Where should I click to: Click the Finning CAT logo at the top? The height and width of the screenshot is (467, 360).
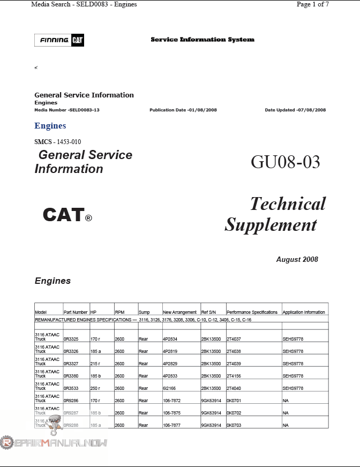(59, 40)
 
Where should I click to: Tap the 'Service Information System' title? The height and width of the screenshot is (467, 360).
(202, 40)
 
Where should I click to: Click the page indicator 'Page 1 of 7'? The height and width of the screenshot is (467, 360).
(312, 4)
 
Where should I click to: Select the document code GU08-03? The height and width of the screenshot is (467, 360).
(285, 162)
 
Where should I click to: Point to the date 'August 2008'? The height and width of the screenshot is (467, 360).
(297, 259)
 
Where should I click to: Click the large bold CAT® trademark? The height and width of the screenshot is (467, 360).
(67, 215)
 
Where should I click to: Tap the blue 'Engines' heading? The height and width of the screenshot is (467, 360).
(50, 126)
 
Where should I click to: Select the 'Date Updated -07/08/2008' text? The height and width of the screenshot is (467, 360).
(295, 110)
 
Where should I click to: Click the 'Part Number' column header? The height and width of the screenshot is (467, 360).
(76, 312)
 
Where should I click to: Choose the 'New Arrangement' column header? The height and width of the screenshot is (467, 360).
(179, 312)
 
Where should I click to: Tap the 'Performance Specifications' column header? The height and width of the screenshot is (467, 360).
(252, 312)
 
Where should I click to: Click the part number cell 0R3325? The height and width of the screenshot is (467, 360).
(71, 339)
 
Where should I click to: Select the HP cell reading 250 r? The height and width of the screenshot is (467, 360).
(95, 388)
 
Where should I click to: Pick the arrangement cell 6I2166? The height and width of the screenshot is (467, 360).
(170, 388)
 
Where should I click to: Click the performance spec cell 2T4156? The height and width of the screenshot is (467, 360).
(234, 376)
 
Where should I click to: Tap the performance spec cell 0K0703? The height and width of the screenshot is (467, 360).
(234, 425)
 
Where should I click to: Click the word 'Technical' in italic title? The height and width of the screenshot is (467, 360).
(288, 204)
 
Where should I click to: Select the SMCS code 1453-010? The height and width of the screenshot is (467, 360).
(69, 142)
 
